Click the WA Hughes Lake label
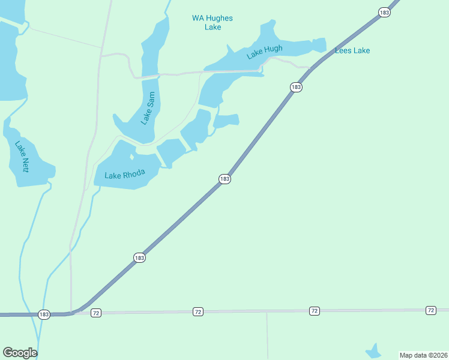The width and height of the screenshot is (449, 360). click(x=212, y=23)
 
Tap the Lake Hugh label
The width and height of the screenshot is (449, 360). click(x=264, y=53)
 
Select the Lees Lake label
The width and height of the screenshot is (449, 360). click(x=352, y=50)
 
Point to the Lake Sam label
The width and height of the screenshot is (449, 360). click(x=148, y=108)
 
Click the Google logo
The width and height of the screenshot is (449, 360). click(x=20, y=353)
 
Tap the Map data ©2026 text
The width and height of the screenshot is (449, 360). click(x=423, y=355)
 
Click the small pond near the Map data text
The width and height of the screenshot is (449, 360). click(x=373, y=351)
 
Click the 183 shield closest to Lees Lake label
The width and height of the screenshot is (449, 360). click(x=384, y=12)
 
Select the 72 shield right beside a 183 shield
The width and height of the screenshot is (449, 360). click(x=96, y=313)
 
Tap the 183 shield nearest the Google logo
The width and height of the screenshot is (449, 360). click(x=43, y=314)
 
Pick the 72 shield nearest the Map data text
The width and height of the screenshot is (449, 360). click(x=430, y=310)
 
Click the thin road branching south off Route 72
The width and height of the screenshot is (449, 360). click(x=267, y=336)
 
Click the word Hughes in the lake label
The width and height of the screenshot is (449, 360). click(x=220, y=18)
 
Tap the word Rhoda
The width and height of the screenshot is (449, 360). click(x=134, y=175)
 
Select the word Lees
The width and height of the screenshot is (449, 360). click(x=343, y=50)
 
